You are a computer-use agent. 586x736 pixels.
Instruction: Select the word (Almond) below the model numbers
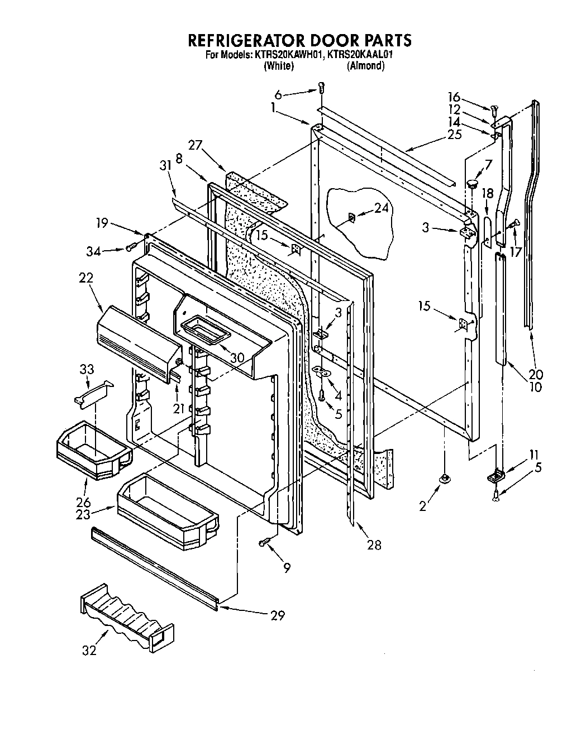[365, 66]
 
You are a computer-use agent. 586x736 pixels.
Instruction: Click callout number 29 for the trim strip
[277, 615]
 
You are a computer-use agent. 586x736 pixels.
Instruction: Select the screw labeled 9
[265, 542]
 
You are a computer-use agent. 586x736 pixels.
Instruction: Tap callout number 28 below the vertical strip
[374, 544]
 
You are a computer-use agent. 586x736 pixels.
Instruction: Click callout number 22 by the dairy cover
[87, 278]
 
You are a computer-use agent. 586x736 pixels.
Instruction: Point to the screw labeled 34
[132, 246]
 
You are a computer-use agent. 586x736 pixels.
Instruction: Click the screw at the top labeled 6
[321, 87]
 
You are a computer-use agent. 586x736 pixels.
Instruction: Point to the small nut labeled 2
[445, 479]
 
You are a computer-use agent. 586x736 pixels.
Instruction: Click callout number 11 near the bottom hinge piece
[535, 454]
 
